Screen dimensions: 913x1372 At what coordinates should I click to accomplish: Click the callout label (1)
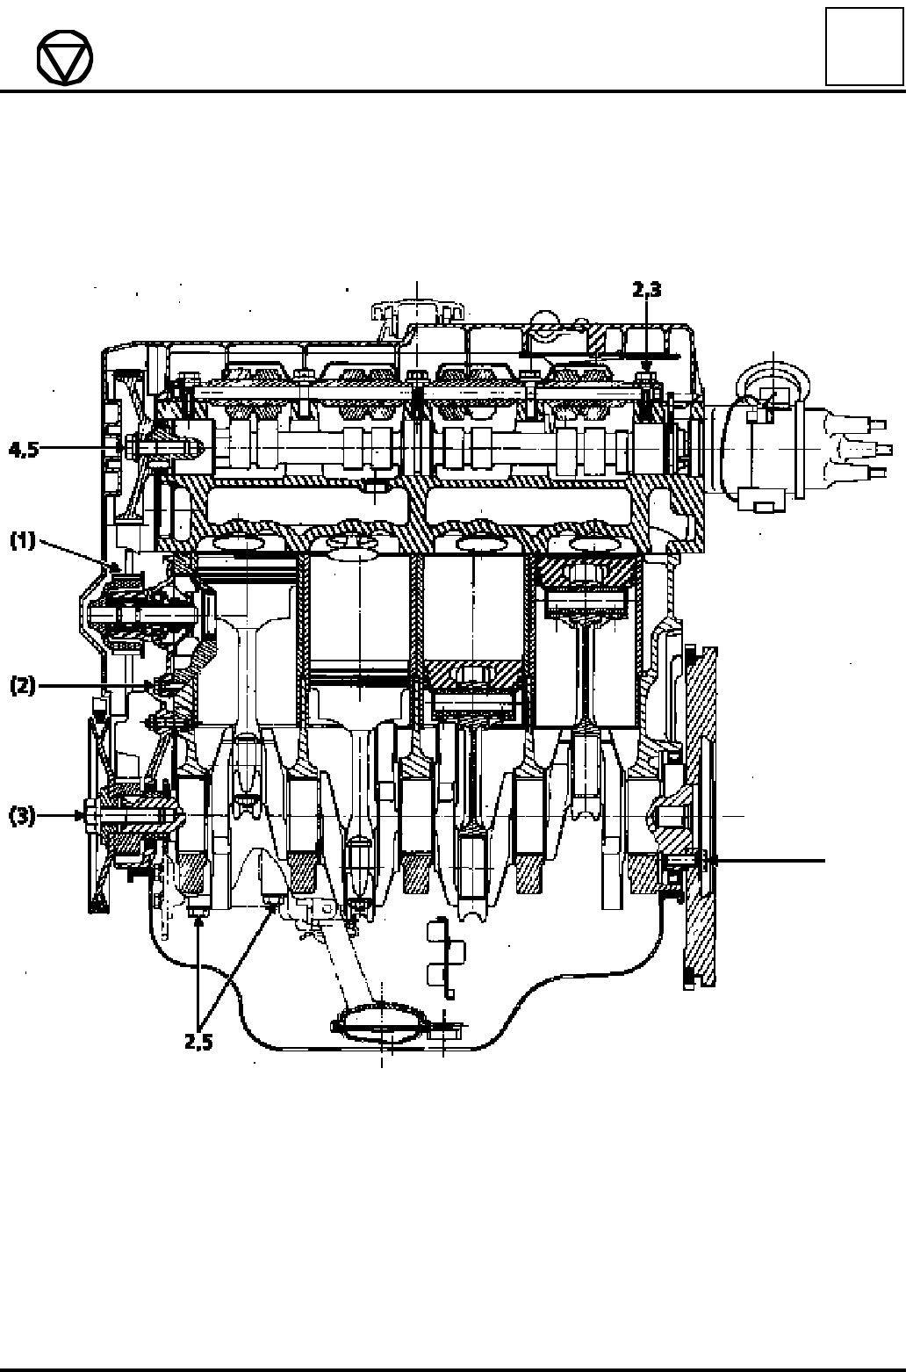click(24, 541)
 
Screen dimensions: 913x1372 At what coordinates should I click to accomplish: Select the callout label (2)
click(24, 685)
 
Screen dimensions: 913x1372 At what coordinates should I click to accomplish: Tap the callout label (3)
click(23, 816)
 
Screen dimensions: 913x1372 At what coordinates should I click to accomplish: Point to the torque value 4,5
click(24, 450)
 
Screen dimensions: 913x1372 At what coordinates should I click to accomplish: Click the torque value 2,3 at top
click(647, 289)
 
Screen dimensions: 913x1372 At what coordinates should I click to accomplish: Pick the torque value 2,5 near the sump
click(198, 1041)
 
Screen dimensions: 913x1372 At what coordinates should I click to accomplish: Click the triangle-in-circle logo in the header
click(65, 57)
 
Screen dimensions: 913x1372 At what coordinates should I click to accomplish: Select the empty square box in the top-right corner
click(864, 47)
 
